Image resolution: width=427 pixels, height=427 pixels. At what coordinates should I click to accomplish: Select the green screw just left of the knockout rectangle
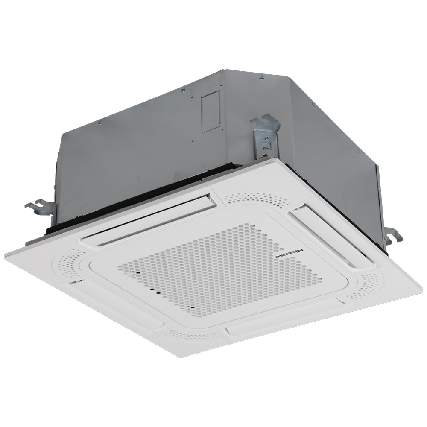(182, 90)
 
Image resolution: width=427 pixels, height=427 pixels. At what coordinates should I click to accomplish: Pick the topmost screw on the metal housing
(261, 77)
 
